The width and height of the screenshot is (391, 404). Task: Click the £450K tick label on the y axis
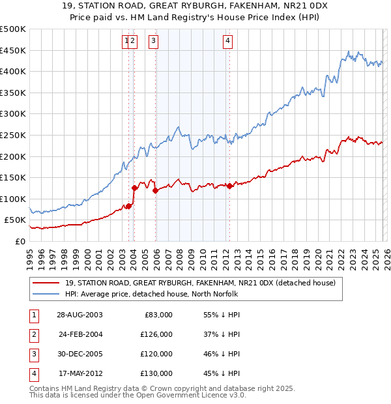click(12, 50)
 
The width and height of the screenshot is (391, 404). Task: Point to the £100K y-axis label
click(12, 199)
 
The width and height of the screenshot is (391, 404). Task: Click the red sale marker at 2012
click(229, 186)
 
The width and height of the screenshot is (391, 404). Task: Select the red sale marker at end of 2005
click(156, 190)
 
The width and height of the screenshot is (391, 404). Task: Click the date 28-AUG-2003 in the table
click(79, 315)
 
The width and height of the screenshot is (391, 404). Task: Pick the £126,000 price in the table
click(157, 334)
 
